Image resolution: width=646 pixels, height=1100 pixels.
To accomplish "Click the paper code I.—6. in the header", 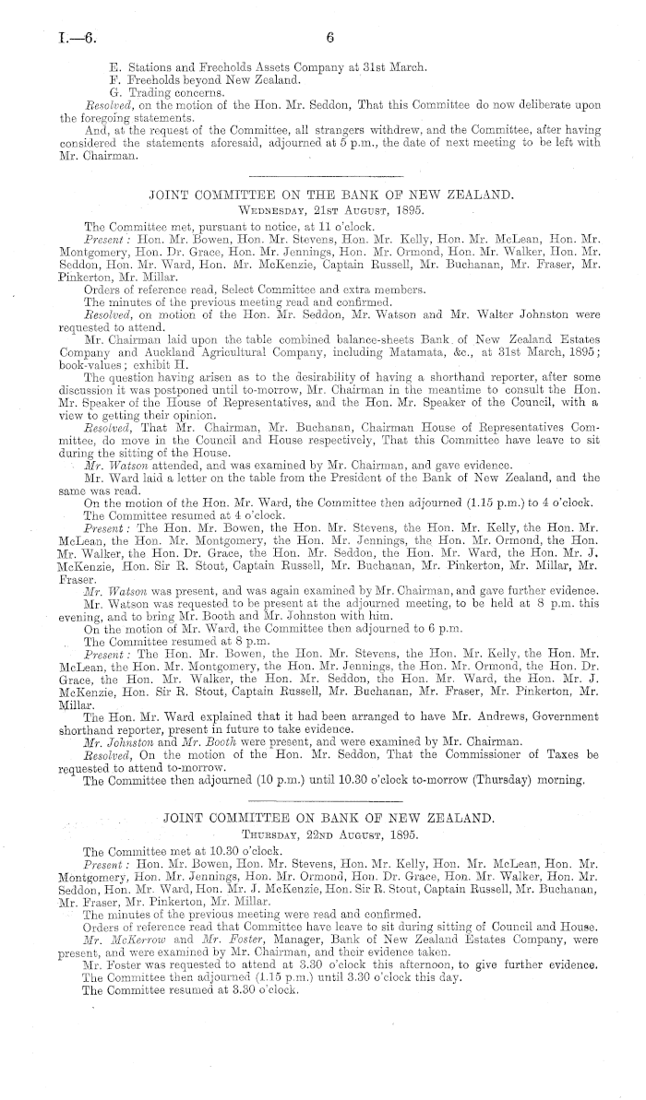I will (x=52, y=39).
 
